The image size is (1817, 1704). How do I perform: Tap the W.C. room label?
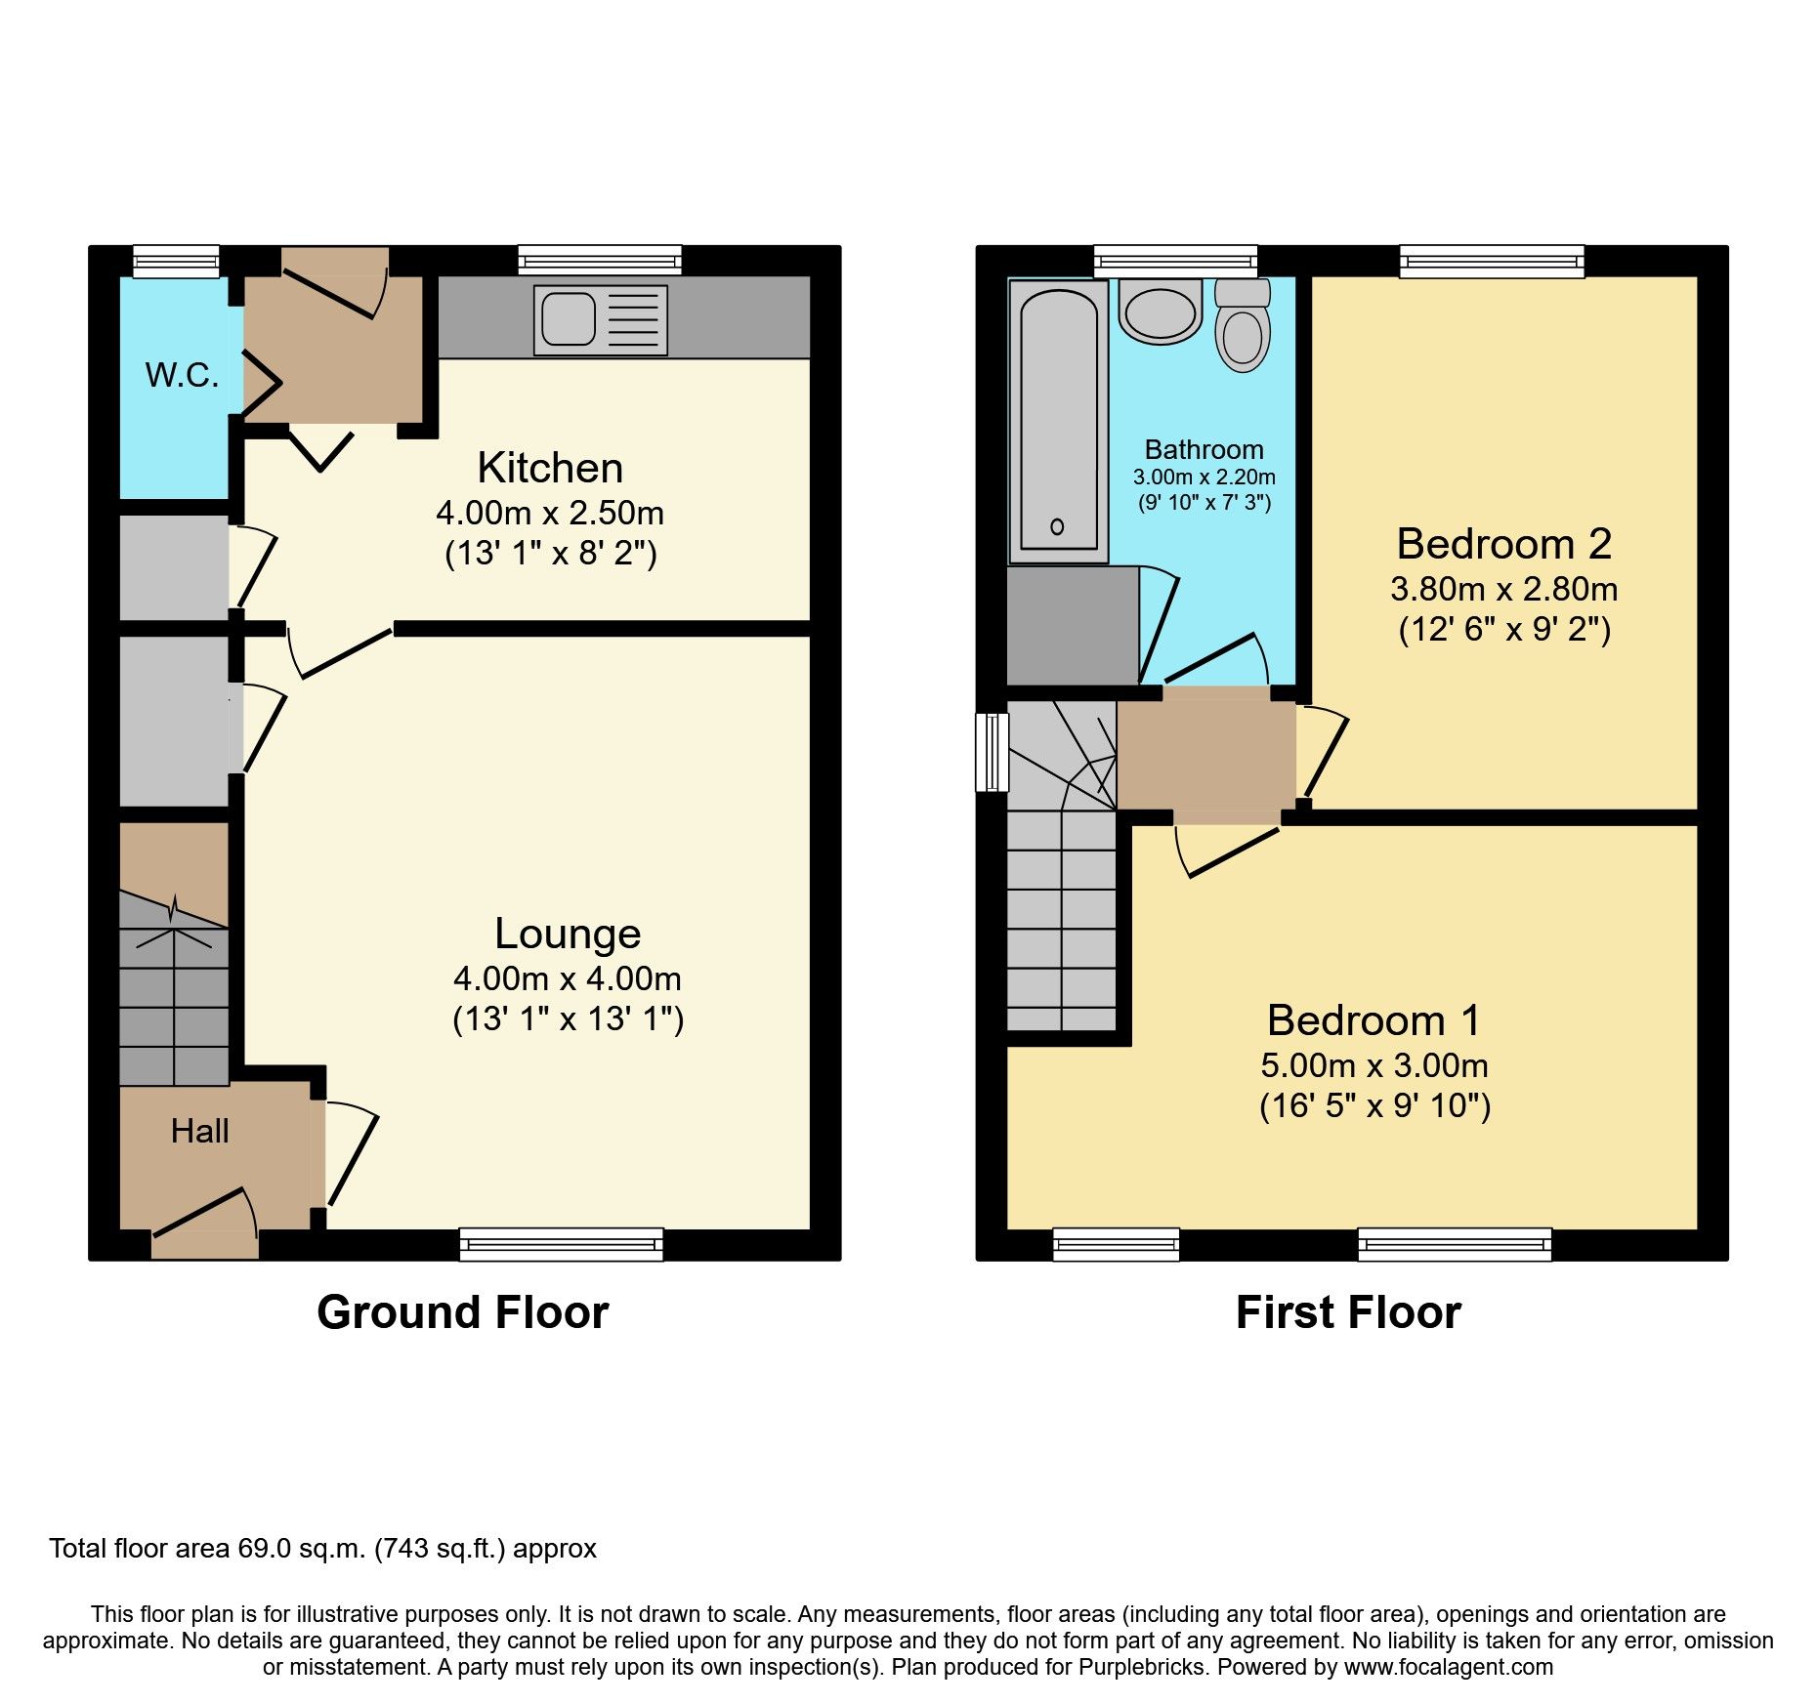coord(182,375)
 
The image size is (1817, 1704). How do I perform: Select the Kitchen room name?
coord(550,468)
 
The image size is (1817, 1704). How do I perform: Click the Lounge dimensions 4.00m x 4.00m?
coord(567,978)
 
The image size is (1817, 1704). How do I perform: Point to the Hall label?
coord(199,1131)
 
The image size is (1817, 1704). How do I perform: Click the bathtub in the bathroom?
coord(1058,420)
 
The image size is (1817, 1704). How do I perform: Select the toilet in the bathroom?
coord(1243,326)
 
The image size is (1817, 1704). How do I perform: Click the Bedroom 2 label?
coord(1503,544)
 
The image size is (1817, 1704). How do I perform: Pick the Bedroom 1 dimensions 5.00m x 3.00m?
coord(1374,1065)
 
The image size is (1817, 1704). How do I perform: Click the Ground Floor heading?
coord(462,1312)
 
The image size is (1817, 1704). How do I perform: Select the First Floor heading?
coord(1348,1312)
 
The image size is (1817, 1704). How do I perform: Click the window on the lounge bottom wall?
coord(561,1244)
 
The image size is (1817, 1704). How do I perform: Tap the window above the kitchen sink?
coord(599,260)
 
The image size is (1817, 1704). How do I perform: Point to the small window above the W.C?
coord(176,261)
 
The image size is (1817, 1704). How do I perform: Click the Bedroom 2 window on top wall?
coord(1491,260)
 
